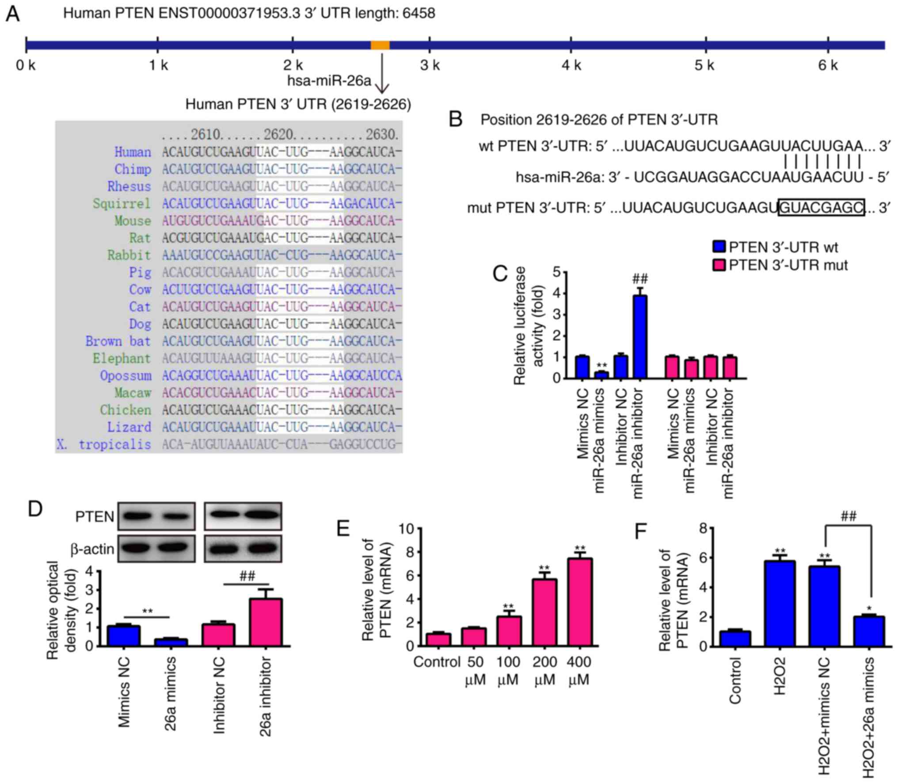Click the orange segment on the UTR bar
[x=380, y=45]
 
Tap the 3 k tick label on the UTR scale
[x=430, y=66]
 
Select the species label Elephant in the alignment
[x=122, y=358]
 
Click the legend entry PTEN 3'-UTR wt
[x=783, y=247]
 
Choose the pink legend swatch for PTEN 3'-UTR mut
[x=719, y=265]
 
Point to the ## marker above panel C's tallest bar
[x=640, y=279]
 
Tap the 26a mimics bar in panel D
[x=171, y=642]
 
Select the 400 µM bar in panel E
[x=580, y=602]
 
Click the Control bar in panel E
[x=438, y=640]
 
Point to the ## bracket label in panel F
[x=848, y=516]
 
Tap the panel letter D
[x=35, y=509]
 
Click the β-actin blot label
[x=92, y=549]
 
